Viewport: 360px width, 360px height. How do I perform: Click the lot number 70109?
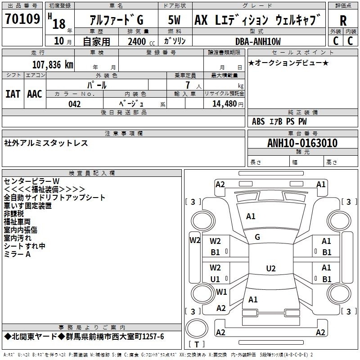pyautogui.click(x=22, y=20)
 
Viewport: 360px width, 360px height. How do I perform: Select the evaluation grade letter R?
pyautogui.click(x=343, y=20)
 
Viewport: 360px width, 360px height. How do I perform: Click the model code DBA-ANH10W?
pyautogui.click(x=258, y=41)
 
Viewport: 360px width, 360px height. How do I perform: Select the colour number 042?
pyautogui.click(x=74, y=104)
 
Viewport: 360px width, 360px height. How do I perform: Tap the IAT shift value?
pyautogui.click(x=13, y=94)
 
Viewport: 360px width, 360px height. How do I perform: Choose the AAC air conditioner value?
pyautogui.click(x=35, y=94)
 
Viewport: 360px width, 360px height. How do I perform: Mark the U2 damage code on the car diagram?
pyautogui.click(x=270, y=269)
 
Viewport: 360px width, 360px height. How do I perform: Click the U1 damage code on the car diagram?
pyautogui.click(x=215, y=279)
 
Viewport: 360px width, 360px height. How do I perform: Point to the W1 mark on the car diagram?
pyautogui.click(x=221, y=292)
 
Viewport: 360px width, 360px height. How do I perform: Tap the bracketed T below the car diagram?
pyautogui.click(x=197, y=345)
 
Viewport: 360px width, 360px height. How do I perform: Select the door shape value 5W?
pyautogui.click(x=175, y=20)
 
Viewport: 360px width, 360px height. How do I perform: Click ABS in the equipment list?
pyautogui.click(x=258, y=121)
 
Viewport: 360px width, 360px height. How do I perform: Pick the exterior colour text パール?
pyautogui.click(x=97, y=85)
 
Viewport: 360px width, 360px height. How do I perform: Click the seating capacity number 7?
pyautogui.click(x=187, y=85)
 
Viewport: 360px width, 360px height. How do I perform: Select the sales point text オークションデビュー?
pyautogui.click(x=288, y=63)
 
